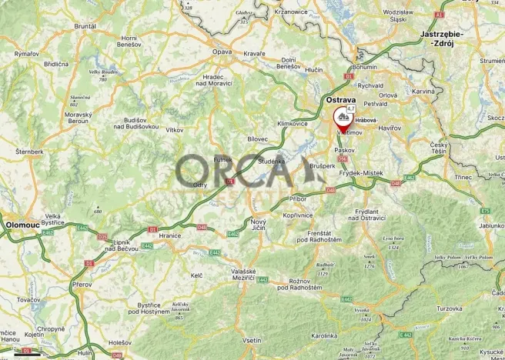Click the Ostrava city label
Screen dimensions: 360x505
click(340, 101)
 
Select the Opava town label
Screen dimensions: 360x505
click(222, 52)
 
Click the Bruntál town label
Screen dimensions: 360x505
click(85, 26)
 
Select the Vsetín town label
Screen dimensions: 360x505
click(252, 340)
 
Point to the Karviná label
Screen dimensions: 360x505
click(423, 91)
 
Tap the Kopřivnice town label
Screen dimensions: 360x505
click(297, 215)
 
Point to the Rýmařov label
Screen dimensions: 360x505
click(25, 53)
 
